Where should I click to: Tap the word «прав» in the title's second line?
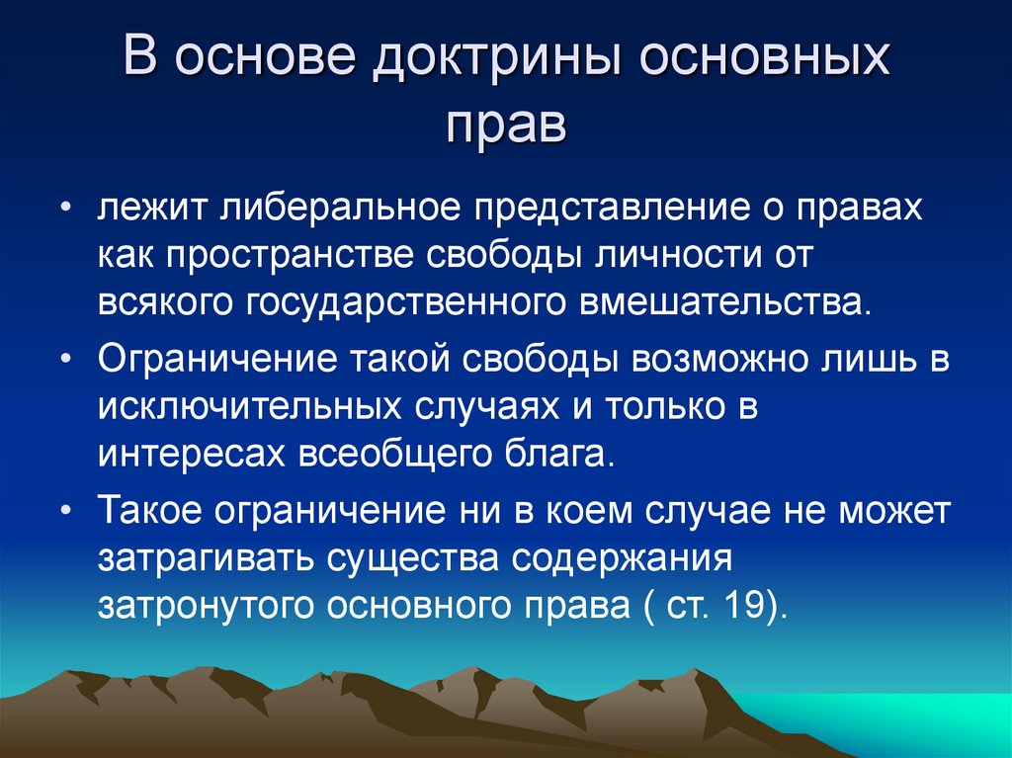tap(505, 126)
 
